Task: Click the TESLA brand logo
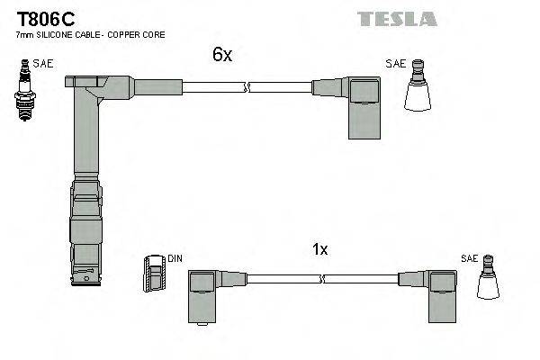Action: (397, 19)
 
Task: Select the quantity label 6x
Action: (222, 55)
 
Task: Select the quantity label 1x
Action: (320, 249)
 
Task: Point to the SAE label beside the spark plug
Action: (42, 64)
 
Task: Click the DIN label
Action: (175, 259)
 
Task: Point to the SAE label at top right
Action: (395, 64)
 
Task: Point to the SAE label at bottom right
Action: (469, 257)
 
